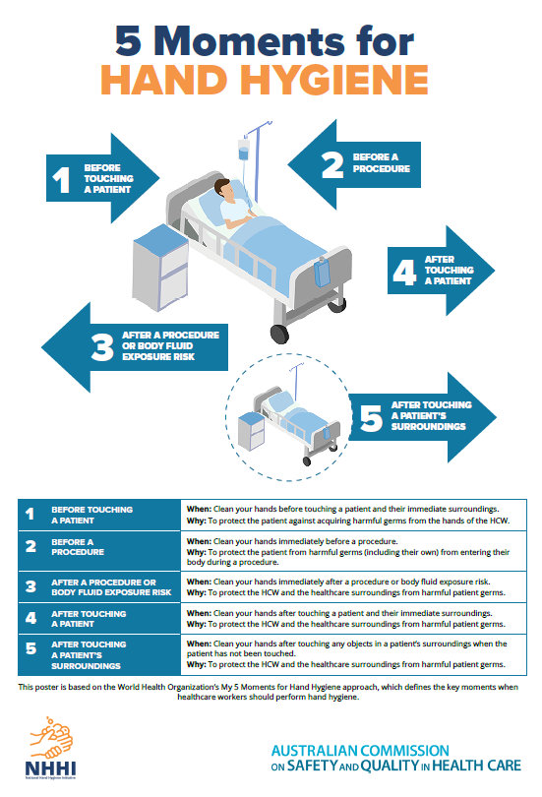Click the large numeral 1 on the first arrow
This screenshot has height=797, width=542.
click(x=61, y=179)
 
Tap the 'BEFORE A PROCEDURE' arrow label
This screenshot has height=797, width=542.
click(x=382, y=162)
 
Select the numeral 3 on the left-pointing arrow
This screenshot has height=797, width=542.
click(x=102, y=346)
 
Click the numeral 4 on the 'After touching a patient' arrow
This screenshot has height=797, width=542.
click(x=404, y=272)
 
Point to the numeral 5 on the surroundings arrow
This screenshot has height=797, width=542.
click(x=371, y=418)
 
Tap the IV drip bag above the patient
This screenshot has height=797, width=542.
click(x=244, y=151)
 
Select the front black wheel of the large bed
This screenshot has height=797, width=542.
click(x=279, y=334)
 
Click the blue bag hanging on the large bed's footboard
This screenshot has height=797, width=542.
click(x=322, y=273)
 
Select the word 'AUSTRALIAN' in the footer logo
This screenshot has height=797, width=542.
click(x=315, y=750)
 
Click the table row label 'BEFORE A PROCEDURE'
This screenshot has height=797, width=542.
click(x=78, y=547)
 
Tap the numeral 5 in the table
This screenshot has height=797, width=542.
click(x=31, y=648)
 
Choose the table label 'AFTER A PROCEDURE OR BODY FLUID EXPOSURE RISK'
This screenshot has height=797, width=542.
click(x=111, y=587)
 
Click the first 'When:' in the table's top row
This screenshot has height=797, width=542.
click(x=199, y=509)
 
